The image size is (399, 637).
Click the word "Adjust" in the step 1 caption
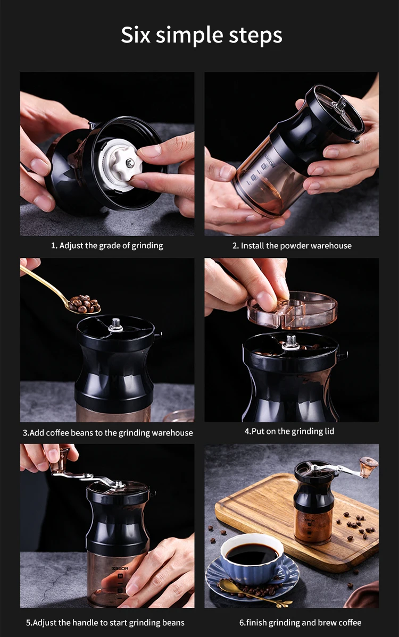[x=71, y=245]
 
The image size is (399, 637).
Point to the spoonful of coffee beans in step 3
[x=84, y=304]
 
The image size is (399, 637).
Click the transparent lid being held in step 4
[x=292, y=310]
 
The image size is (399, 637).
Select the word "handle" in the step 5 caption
[x=86, y=622]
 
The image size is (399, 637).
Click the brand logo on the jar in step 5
[x=120, y=568]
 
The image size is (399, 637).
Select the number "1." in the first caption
[x=54, y=245]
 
